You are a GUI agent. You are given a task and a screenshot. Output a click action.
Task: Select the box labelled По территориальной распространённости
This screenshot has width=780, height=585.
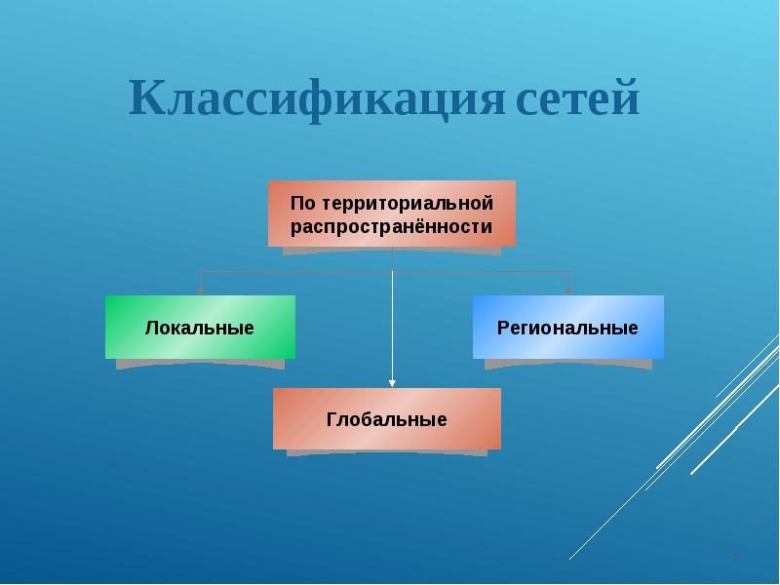[x=392, y=214]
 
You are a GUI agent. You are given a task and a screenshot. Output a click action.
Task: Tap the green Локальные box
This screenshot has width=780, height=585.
[x=200, y=327]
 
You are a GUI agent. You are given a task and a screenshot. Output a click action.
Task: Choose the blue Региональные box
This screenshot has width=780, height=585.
[x=568, y=327]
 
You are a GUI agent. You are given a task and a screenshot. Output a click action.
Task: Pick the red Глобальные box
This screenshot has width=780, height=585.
[x=387, y=418]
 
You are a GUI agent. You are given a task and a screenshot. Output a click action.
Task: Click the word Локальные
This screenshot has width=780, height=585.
[x=200, y=328]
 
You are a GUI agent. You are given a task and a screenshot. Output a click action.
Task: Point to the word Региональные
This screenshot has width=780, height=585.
[x=568, y=328]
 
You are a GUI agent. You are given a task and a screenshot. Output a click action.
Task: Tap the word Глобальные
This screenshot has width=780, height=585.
[x=387, y=420]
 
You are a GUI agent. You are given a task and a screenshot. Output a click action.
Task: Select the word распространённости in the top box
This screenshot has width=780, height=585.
[x=392, y=226]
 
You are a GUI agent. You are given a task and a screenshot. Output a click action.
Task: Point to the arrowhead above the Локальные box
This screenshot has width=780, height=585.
[x=201, y=290]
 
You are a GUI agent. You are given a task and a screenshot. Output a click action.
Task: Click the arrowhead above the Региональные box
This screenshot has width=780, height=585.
[x=568, y=290]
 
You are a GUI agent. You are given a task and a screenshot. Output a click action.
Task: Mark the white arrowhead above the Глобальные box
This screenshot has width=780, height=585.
[x=392, y=383]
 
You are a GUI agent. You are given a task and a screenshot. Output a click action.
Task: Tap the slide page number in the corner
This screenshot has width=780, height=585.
[x=736, y=557]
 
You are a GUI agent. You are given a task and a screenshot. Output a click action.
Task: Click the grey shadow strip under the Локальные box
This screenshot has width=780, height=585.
[x=200, y=365]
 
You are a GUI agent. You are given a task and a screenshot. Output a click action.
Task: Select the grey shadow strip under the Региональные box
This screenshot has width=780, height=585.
[x=568, y=365]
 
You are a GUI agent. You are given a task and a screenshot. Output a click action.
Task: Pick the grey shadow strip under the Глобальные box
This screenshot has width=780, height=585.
[x=387, y=454]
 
